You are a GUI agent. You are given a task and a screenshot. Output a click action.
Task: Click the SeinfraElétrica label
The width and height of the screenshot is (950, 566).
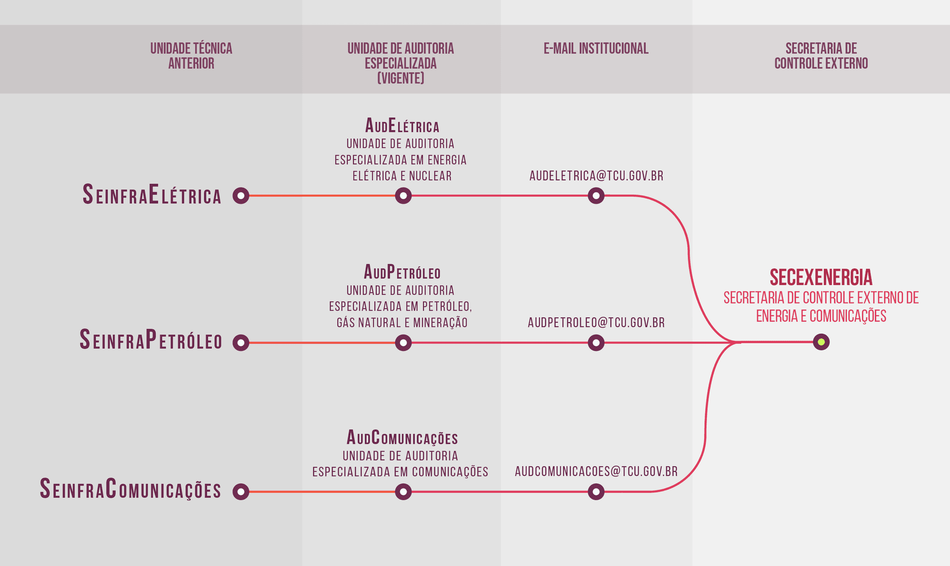(x=152, y=195)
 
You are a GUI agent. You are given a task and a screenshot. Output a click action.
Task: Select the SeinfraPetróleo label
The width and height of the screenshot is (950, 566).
(x=151, y=340)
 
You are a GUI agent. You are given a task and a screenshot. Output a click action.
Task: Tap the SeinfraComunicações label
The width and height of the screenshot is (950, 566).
(x=130, y=490)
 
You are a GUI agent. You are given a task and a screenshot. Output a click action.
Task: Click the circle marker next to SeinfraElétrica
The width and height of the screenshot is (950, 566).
(x=241, y=196)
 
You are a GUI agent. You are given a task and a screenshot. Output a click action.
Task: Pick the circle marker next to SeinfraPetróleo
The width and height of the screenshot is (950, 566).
(x=241, y=343)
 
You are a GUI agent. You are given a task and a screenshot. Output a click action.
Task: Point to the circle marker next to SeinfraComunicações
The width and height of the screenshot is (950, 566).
(x=241, y=491)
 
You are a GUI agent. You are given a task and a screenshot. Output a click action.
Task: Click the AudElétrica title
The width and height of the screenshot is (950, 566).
(x=402, y=126)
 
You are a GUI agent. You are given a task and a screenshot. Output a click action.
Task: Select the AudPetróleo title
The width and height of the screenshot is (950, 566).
(x=402, y=272)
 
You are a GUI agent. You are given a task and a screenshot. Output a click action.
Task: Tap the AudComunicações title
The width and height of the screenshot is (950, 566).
(x=402, y=438)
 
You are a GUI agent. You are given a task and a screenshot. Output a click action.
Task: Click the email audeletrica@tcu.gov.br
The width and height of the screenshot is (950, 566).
(x=596, y=176)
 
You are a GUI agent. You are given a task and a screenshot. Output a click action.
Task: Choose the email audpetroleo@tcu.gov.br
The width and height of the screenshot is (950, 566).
(x=596, y=323)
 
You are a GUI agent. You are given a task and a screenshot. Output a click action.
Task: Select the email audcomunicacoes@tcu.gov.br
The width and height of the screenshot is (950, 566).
(x=596, y=471)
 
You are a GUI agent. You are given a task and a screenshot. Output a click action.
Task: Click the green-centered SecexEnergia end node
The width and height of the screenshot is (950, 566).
(x=821, y=342)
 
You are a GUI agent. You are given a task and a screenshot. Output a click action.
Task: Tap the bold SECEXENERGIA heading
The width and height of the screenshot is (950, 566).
(x=821, y=277)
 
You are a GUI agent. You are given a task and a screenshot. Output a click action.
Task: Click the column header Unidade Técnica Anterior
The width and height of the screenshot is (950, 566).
(x=191, y=56)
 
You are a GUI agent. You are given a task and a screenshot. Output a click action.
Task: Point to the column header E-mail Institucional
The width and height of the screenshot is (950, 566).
(x=596, y=49)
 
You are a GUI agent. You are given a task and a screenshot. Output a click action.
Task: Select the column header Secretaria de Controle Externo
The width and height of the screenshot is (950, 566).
(x=821, y=56)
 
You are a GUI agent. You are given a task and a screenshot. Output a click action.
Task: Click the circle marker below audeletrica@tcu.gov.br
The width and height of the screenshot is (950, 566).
(x=596, y=196)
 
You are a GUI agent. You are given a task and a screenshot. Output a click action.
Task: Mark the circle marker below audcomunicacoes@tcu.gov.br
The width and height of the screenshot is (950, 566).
(x=596, y=491)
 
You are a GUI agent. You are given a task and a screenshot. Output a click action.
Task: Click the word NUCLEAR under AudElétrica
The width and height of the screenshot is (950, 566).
(x=430, y=176)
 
